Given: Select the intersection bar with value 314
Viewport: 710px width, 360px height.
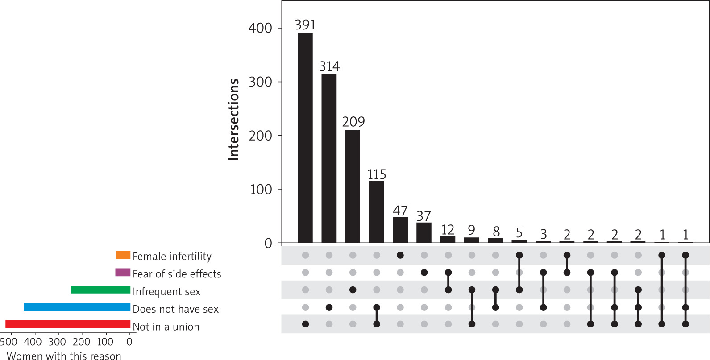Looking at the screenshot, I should tap(329, 158).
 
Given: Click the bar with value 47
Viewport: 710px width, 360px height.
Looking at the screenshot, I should tap(400, 230).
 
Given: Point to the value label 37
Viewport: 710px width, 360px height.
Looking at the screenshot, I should tap(424, 216).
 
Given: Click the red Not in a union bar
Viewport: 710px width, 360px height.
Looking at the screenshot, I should tap(68, 324).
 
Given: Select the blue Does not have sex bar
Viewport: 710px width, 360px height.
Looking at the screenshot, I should tap(77, 307).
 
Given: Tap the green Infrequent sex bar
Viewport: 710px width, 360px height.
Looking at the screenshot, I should tap(101, 290).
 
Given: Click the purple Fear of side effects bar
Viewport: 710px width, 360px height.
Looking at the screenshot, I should tap(123, 272).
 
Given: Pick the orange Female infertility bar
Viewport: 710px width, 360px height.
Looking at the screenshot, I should tap(123, 255).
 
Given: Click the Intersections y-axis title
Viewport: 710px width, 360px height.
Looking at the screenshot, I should tap(234, 120).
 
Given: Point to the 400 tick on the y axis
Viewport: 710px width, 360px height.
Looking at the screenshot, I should tap(260, 28).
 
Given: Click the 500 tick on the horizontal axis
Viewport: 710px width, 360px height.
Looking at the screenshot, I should tap(8, 342).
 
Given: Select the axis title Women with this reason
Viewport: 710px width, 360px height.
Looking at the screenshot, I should tap(64, 356).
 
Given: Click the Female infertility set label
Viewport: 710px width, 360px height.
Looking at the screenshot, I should tap(172, 256).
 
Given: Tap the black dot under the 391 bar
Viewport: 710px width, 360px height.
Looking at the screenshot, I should tap(305, 324).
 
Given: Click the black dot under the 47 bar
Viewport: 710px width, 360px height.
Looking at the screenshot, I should tap(400, 255).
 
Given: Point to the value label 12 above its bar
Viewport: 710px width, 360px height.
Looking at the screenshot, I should tap(448, 230).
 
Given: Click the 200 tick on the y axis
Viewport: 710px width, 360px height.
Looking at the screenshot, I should tap(260, 136).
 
